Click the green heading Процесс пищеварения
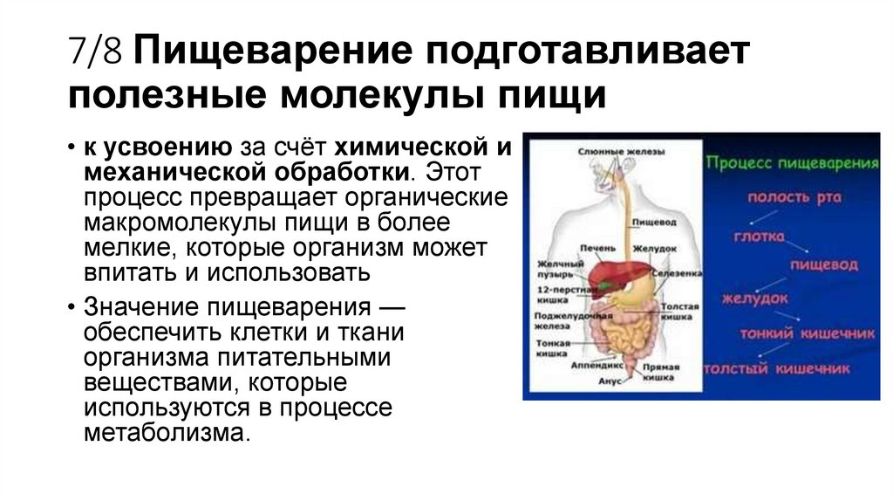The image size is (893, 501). (x=792, y=163)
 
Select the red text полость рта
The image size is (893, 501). (x=794, y=197)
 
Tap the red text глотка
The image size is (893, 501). (x=758, y=237)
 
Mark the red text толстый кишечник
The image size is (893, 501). (x=777, y=368)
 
